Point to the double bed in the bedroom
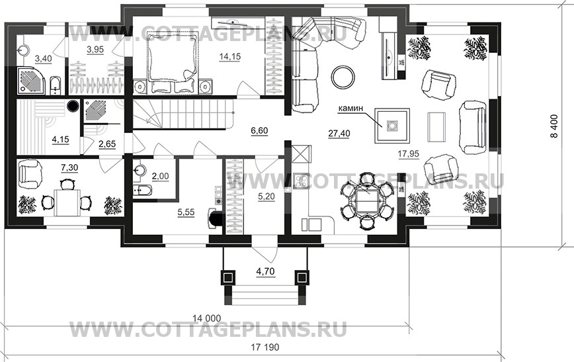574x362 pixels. coord(173,64)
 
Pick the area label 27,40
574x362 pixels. coord(339,133)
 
